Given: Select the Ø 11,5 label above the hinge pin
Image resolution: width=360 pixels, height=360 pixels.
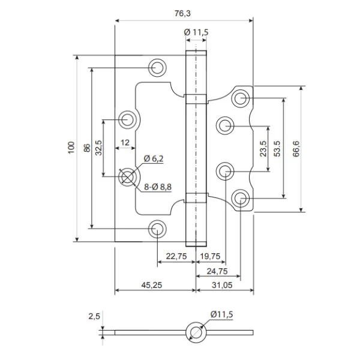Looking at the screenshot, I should click(196, 32).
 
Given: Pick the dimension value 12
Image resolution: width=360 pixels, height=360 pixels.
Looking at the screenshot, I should click(125, 143).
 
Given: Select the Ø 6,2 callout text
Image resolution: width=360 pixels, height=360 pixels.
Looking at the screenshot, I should click(154, 159).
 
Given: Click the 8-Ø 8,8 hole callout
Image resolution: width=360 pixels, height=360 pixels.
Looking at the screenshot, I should click(158, 187).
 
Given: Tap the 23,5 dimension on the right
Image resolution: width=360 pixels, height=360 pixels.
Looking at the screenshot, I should click(263, 148).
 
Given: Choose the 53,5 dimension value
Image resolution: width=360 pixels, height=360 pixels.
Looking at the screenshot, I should click(277, 148).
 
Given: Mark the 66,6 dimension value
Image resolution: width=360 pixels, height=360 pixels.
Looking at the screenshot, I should click(296, 148).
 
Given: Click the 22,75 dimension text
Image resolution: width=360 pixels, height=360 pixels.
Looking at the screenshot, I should click(176, 256).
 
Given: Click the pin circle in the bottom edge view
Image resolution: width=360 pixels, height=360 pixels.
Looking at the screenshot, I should click(194, 332).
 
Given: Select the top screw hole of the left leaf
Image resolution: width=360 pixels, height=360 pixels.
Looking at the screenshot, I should click(158, 67).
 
